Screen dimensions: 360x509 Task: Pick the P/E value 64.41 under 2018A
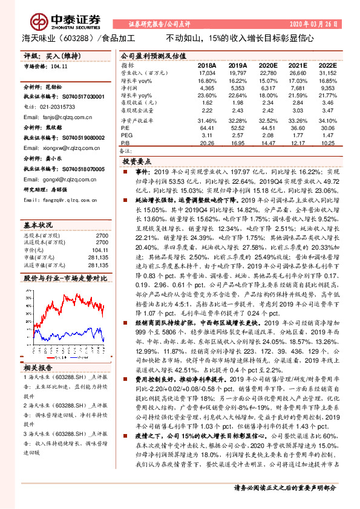click(x=207, y=128)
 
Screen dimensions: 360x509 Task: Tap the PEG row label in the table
click(x=126, y=135)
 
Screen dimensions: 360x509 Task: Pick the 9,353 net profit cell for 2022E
click(x=325, y=88)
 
